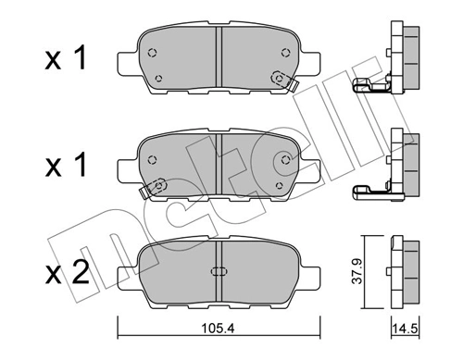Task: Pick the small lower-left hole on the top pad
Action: pyautogui.click(x=160, y=78)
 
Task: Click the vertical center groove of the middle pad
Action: pyautogui.click(x=217, y=167)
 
